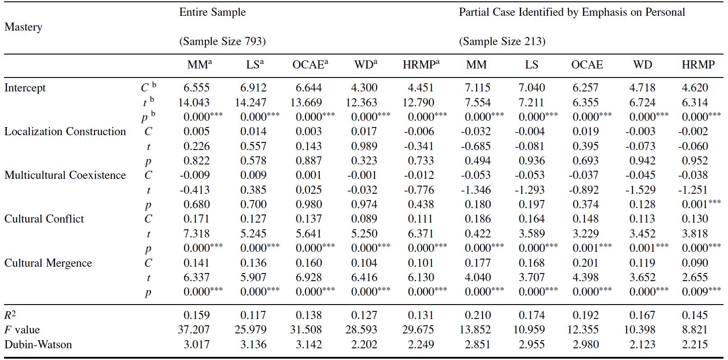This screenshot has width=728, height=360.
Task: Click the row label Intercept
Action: (x=25, y=88)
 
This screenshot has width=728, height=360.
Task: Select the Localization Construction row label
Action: (x=65, y=132)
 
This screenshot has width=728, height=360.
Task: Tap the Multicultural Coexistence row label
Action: (x=65, y=175)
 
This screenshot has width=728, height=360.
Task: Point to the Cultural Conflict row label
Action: (x=44, y=219)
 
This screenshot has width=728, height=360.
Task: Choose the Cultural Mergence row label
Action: (x=48, y=263)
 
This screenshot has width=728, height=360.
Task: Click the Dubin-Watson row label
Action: (x=38, y=344)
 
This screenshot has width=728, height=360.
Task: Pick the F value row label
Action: (x=22, y=329)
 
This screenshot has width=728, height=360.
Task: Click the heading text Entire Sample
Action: (x=213, y=12)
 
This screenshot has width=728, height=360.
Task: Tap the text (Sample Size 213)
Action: (x=502, y=41)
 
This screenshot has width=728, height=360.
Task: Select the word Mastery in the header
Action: (x=23, y=27)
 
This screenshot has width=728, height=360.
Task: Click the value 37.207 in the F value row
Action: (x=194, y=329)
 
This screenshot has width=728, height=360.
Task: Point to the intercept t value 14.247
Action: (x=250, y=102)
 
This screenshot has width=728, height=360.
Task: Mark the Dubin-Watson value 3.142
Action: (x=309, y=344)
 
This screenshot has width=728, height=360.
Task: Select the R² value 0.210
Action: (x=478, y=315)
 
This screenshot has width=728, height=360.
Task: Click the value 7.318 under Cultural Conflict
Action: (x=196, y=233)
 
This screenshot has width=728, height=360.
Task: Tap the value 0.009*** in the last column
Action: (x=701, y=292)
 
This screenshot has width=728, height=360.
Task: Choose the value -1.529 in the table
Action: (x=640, y=190)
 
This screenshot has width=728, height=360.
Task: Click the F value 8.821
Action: (x=695, y=329)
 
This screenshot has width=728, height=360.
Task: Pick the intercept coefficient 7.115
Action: (x=478, y=88)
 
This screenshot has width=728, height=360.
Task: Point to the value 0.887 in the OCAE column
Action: (x=309, y=160)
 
